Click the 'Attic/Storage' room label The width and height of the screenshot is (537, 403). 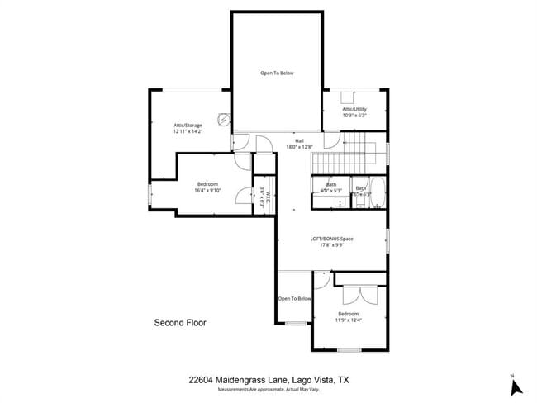[x=188, y=125]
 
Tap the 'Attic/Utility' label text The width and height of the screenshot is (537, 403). [x=354, y=109]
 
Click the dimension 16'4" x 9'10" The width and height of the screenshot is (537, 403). [x=207, y=190]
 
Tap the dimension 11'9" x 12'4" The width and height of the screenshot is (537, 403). [x=348, y=320]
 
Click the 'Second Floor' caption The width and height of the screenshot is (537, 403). [x=180, y=323]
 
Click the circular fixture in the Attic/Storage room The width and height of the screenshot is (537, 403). [x=222, y=117]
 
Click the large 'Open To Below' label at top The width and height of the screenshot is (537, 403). [x=277, y=73]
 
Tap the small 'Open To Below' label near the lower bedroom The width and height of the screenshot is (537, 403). [x=294, y=298]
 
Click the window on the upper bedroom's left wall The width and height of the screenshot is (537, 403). [x=149, y=196]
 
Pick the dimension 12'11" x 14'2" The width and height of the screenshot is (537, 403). [x=188, y=131]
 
